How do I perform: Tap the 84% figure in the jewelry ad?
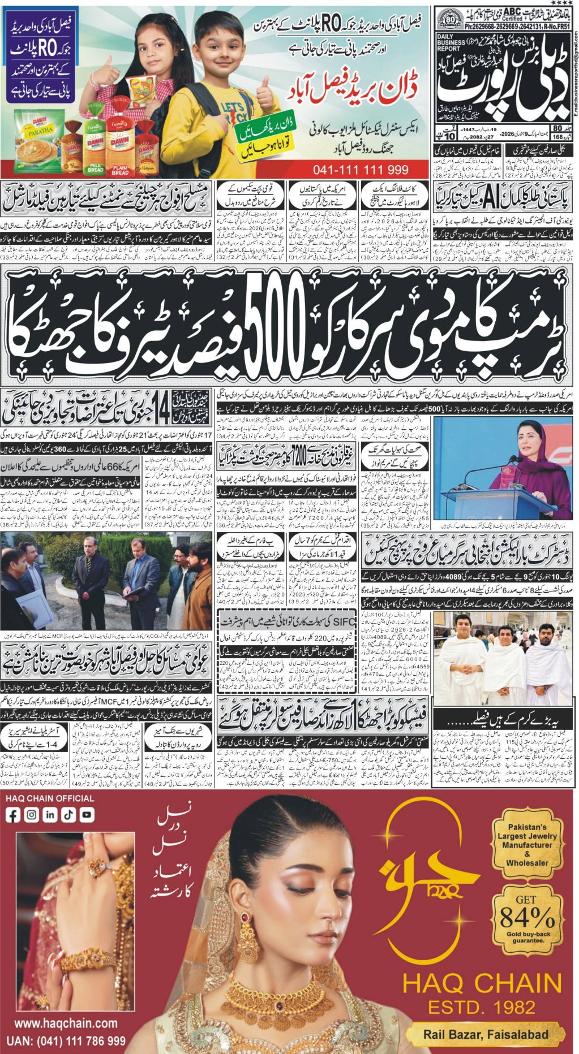[527, 914]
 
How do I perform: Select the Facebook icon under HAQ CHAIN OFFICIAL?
[13, 815]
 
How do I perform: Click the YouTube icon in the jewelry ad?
[87, 815]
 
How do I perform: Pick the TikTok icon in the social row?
[68, 815]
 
